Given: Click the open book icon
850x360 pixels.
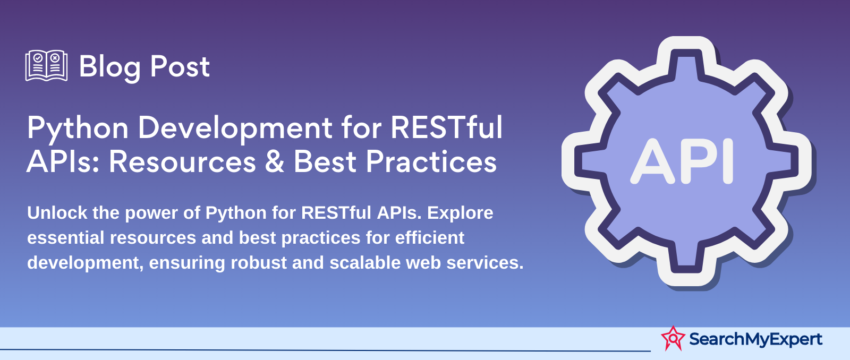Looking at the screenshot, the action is (46, 66).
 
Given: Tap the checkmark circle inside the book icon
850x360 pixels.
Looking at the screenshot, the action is (38, 58).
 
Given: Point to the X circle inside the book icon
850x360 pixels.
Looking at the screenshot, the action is (55, 58).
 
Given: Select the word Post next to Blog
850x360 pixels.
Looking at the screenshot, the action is (180, 66).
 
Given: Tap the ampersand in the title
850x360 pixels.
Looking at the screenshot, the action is (274, 162).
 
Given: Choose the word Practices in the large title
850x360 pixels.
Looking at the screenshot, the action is (431, 162).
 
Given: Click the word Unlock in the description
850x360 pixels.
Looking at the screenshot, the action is (57, 212).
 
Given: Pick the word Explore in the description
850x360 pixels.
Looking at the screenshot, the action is (460, 213).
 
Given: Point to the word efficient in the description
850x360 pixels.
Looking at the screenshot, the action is (430, 237).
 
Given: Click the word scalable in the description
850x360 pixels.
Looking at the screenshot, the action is (364, 262).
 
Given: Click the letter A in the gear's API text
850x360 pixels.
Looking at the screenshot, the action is (652, 161).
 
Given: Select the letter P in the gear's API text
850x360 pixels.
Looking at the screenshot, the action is (698, 161).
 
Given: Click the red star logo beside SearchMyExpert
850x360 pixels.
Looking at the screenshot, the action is (673, 338).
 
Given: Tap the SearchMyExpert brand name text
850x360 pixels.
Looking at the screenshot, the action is (755, 339).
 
